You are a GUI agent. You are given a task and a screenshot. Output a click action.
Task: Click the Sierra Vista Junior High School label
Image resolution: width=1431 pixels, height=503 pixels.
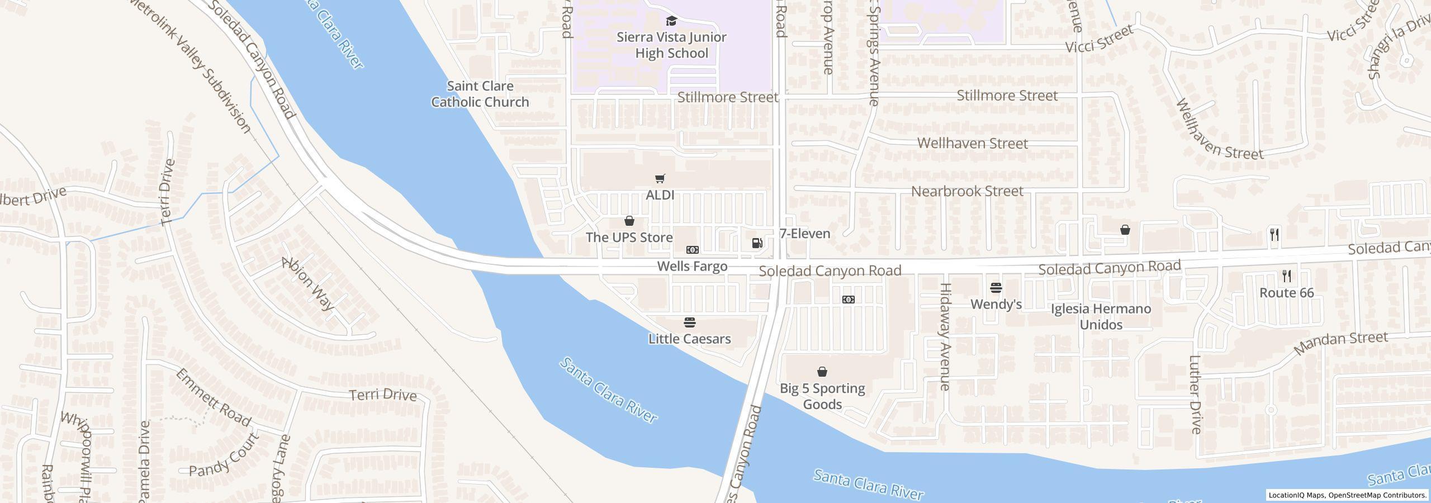(x=671, y=45)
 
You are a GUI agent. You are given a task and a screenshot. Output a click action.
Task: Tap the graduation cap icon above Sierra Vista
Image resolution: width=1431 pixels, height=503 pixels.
(x=671, y=21)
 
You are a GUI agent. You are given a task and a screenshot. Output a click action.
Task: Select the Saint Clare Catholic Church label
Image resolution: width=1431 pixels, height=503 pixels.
(x=480, y=94)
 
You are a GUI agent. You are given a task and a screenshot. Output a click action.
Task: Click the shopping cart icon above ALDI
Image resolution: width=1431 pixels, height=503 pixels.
(x=660, y=179)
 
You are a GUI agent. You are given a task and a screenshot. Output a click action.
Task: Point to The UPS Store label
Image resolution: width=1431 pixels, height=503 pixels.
(x=629, y=238)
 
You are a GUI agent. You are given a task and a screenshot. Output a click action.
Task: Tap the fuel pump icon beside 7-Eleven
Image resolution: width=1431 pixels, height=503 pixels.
(x=757, y=243)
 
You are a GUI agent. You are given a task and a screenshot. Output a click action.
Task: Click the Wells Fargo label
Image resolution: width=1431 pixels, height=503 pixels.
(x=692, y=267)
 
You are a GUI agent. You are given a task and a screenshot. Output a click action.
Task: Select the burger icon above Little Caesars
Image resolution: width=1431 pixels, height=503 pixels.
(x=690, y=322)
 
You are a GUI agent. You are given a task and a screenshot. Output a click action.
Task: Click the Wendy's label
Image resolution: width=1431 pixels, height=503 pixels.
(x=996, y=304)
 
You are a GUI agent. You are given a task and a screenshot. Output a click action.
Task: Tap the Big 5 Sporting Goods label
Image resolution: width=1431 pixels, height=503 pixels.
(x=822, y=396)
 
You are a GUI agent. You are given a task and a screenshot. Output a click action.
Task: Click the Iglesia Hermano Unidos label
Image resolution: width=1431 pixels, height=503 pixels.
(x=1101, y=317)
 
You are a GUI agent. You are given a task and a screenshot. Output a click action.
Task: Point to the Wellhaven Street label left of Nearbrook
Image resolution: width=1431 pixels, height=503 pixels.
(x=972, y=144)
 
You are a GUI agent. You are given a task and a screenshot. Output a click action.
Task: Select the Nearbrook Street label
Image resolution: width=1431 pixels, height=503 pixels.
(x=967, y=191)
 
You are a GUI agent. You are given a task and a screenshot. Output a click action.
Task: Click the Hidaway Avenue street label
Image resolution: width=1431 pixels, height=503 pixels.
(x=945, y=336)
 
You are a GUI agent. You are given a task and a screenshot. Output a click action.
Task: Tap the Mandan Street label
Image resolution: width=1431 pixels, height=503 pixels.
(x=1340, y=343)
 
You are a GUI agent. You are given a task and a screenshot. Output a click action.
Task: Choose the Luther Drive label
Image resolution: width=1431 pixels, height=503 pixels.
(x=1195, y=395)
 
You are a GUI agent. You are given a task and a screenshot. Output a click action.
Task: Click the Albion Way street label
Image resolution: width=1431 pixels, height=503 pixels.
(x=308, y=284)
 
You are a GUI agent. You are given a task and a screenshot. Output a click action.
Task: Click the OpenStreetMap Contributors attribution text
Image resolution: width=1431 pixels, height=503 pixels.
(x=1377, y=495)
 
